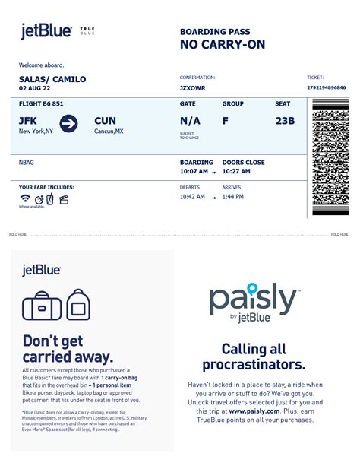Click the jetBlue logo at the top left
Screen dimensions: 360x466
46,31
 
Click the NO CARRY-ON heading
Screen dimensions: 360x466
223,45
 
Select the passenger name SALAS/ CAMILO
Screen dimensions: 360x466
52,79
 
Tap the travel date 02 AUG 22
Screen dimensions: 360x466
39,89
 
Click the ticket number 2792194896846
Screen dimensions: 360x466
330,88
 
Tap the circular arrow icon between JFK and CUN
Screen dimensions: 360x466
69,123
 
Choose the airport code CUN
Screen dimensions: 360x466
106,121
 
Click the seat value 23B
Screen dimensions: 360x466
286,121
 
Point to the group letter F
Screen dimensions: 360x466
226,121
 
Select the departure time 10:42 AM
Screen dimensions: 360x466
193,197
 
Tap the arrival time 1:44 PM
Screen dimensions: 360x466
232,197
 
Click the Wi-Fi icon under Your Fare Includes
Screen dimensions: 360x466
26,199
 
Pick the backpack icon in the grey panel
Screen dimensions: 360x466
79,304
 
